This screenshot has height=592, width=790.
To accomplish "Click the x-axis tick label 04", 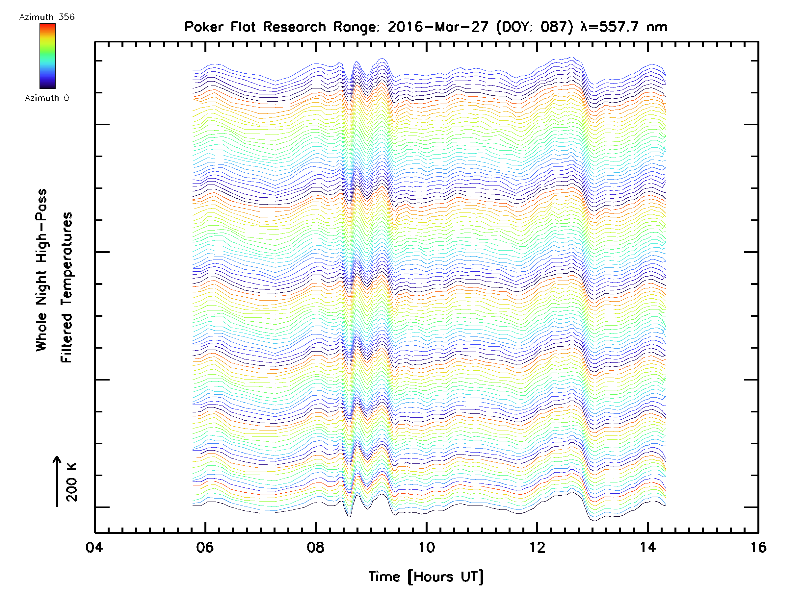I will click(94, 547).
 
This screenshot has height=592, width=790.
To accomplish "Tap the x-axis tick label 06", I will click(205, 547).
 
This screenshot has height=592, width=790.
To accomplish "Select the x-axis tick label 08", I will click(315, 547).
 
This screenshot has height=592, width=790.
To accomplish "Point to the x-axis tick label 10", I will click(426, 547).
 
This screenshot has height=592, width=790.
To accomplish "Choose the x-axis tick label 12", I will click(537, 547).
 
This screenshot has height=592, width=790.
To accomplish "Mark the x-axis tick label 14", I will click(647, 547).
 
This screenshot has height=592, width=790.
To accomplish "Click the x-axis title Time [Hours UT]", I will click(426, 577).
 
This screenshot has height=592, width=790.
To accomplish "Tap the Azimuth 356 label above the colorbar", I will click(47, 17).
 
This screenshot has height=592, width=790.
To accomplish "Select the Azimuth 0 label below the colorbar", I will click(47, 98).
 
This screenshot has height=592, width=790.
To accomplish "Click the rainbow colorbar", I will click(47, 56).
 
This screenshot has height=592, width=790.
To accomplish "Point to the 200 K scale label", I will click(72, 482).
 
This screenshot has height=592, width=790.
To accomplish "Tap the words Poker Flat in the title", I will click(220, 27).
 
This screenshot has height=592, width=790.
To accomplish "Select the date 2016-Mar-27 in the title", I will click(438, 27).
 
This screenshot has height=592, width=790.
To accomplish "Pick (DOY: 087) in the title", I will click(535, 27).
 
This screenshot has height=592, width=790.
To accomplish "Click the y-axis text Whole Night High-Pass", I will click(41, 270).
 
